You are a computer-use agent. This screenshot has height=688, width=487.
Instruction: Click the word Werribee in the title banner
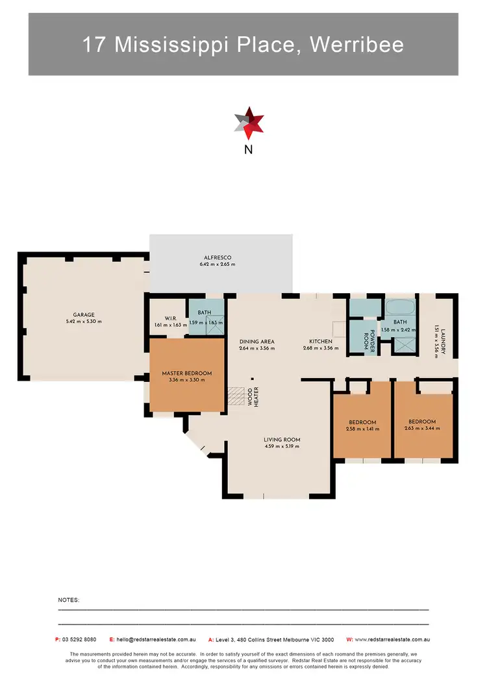357,44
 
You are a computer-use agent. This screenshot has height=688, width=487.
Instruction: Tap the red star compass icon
249,124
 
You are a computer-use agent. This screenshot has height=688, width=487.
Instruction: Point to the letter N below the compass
248,150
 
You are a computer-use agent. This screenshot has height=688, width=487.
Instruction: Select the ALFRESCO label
218,257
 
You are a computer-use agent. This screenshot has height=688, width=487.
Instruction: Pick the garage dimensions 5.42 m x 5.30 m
84,321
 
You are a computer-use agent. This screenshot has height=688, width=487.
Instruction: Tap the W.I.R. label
171,318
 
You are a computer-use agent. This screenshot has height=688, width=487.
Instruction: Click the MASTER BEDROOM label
187,374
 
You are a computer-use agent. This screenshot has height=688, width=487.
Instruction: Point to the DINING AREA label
258,341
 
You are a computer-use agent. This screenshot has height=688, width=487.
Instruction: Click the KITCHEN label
321,341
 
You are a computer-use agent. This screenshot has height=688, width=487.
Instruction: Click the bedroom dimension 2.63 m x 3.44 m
422,429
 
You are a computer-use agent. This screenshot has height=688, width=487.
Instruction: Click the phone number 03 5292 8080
80,639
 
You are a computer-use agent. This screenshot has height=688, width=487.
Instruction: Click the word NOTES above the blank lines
69,601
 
